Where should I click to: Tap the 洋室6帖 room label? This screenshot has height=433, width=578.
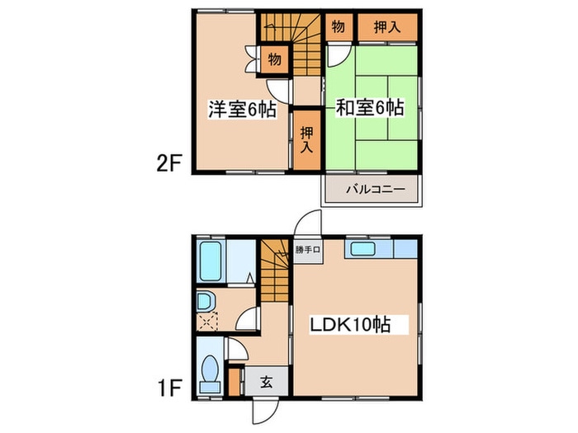(x=241, y=109)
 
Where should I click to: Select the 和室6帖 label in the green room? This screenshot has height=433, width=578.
(x=370, y=107)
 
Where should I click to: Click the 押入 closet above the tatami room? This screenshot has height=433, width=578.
(x=386, y=27)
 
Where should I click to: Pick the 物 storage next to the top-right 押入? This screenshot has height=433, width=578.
(x=339, y=27)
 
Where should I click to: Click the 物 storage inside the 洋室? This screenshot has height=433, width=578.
(x=274, y=59)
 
